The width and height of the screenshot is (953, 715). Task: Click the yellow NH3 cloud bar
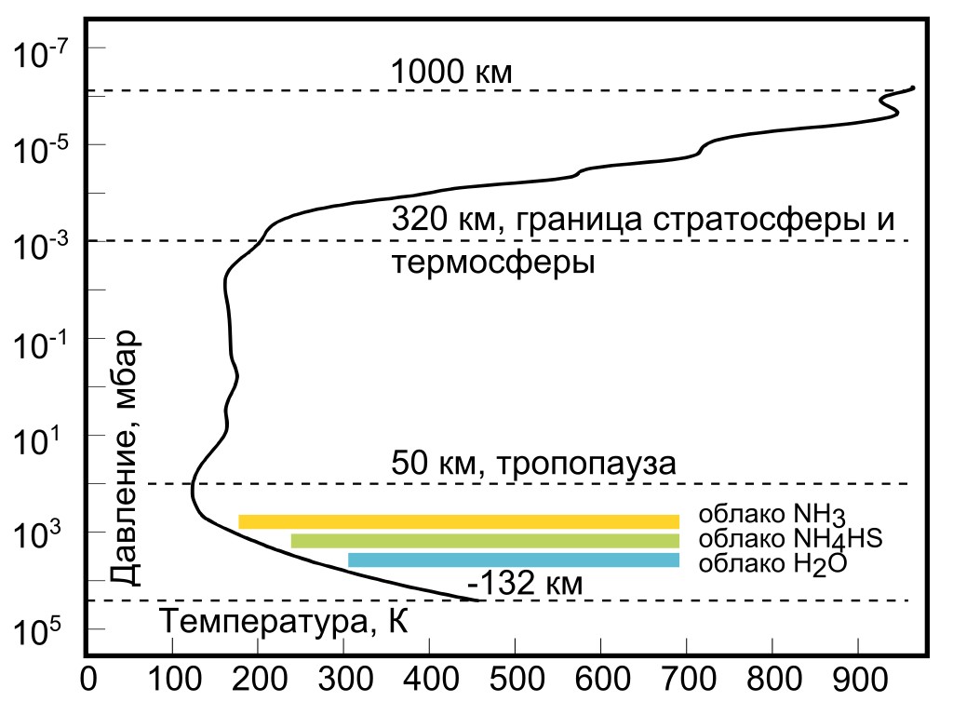pyautogui.click(x=459, y=521)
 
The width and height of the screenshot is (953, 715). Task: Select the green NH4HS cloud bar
pyautogui.click(x=485, y=541)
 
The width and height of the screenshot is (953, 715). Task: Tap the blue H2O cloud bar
pyautogui.click(x=513, y=560)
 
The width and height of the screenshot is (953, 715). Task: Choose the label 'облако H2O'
pyautogui.click(x=772, y=562)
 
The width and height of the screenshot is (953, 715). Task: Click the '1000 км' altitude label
pyautogui.click(x=451, y=72)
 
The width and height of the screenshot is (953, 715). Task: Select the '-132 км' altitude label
pyautogui.click(x=525, y=585)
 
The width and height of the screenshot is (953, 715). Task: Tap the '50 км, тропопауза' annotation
pyautogui.click(x=533, y=463)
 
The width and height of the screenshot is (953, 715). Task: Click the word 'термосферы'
pyautogui.click(x=493, y=263)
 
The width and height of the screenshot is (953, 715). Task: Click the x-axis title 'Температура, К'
pyautogui.click(x=285, y=620)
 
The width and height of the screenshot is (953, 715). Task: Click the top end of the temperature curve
pyautogui.click(x=914, y=88)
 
